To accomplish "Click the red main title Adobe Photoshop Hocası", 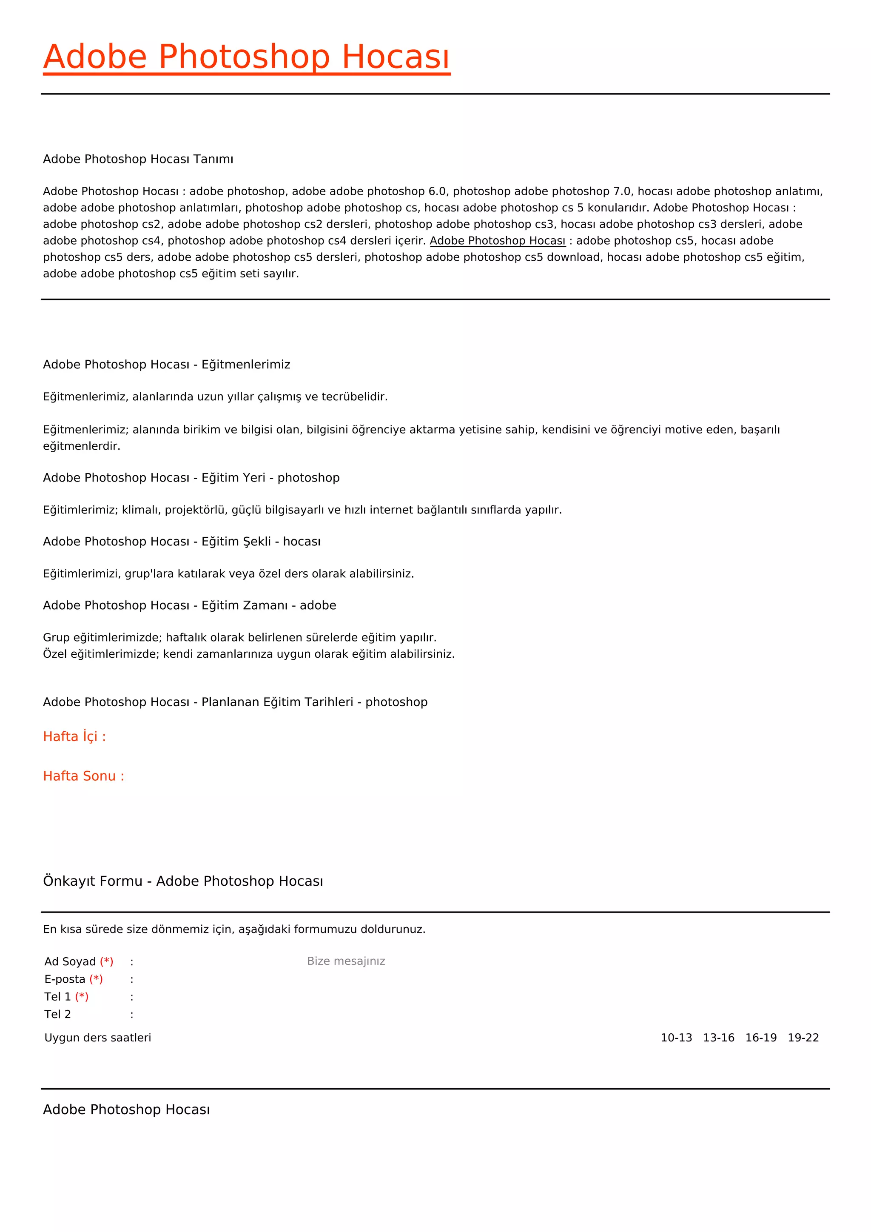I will click(246, 57).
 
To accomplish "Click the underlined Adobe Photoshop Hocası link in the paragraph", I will click(497, 241).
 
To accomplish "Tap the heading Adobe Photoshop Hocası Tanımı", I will click(138, 160).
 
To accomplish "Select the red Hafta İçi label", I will click(74, 737).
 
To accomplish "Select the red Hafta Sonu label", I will click(83, 776).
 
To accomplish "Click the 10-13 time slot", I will click(676, 1038).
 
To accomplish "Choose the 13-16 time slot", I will click(718, 1038).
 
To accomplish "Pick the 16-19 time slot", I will click(760, 1038).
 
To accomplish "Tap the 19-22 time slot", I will click(803, 1038).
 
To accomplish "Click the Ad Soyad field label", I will click(70, 961).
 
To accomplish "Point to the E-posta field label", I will click(65, 979).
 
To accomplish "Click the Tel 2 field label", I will click(57, 1014).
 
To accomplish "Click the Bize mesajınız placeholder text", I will click(346, 961).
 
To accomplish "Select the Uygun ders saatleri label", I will click(98, 1038).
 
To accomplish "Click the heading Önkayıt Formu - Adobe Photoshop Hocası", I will click(183, 881).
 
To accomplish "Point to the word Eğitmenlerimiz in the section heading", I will click(246, 365).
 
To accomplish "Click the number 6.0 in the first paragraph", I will click(437, 191).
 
